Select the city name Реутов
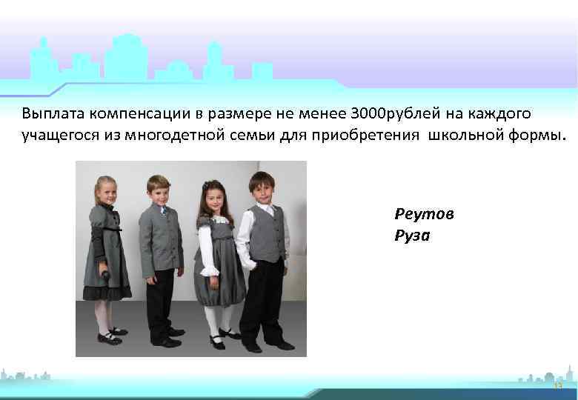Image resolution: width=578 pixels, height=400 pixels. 425,214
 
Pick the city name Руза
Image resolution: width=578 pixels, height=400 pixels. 412,236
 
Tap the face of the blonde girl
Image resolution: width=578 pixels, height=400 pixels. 107,190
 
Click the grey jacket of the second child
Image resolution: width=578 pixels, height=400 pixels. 160,241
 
